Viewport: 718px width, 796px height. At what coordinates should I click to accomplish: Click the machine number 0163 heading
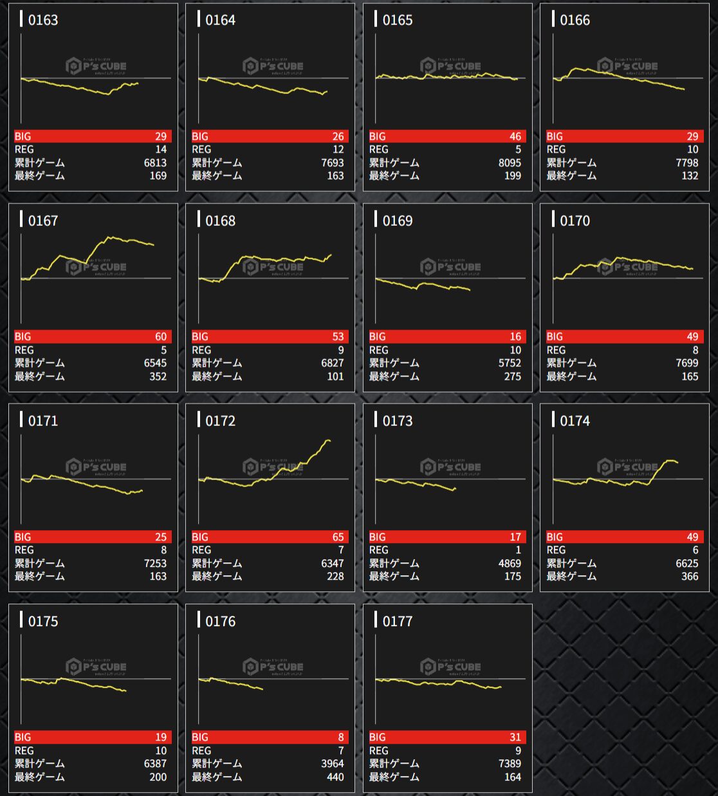(42, 20)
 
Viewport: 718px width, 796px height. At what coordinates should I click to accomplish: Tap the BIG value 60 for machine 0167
(160, 337)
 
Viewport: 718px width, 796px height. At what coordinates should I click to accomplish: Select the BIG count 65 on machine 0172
(338, 537)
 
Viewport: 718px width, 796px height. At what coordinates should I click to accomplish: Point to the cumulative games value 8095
(510, 163)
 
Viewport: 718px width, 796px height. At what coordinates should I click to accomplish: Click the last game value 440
(335, 777)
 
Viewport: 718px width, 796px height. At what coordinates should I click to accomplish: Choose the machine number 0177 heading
(397, 621)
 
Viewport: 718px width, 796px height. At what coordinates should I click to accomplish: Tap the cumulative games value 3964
(332, 764)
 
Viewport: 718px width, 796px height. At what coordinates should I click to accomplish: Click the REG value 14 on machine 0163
(161, 149)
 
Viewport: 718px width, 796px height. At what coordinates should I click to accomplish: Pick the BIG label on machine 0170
(555, 337)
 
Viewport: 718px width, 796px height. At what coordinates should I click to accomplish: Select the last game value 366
(690, 577)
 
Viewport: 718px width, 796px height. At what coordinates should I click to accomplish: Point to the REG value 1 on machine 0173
(518, 550)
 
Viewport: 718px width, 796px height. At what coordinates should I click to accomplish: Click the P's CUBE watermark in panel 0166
(627, 66)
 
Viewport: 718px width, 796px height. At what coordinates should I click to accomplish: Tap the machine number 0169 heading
(397, 221)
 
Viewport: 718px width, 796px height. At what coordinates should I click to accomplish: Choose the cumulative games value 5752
(510, 363)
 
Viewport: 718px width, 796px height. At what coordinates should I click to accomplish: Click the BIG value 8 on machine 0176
(341, 737)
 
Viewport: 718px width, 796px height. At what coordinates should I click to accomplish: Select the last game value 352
(158, 376)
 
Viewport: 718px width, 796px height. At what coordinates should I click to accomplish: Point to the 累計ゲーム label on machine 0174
(571, 564)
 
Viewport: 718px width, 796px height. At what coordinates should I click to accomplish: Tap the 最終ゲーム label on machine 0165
(394, 176)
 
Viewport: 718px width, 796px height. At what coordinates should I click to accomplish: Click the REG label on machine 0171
(24, 550)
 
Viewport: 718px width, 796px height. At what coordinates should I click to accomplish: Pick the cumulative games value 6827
(332, 363)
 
